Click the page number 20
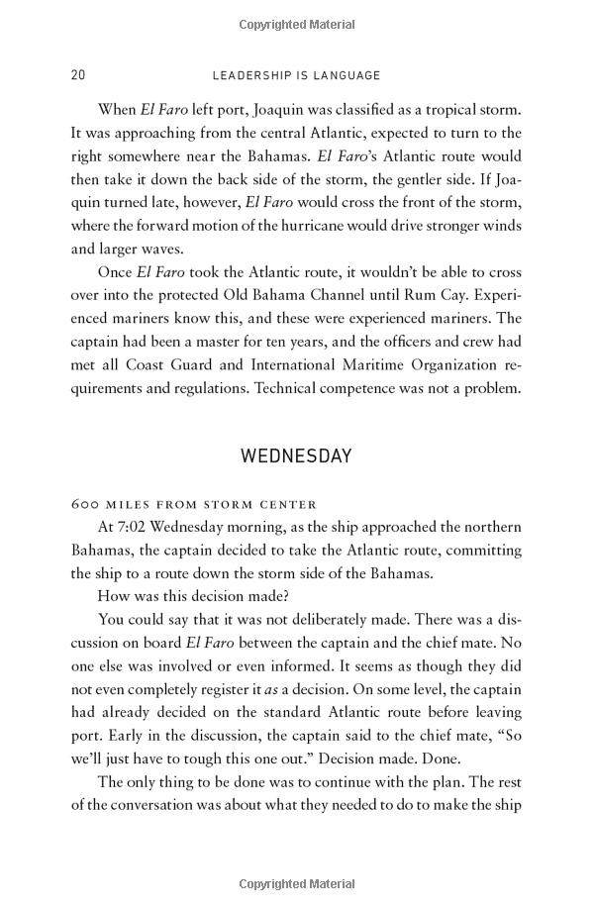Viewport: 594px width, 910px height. click(78, 75)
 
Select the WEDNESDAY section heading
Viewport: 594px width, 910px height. click(297, 456)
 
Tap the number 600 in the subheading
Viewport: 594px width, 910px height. click(85, 504)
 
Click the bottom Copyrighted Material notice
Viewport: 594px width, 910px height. click(297, 883)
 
